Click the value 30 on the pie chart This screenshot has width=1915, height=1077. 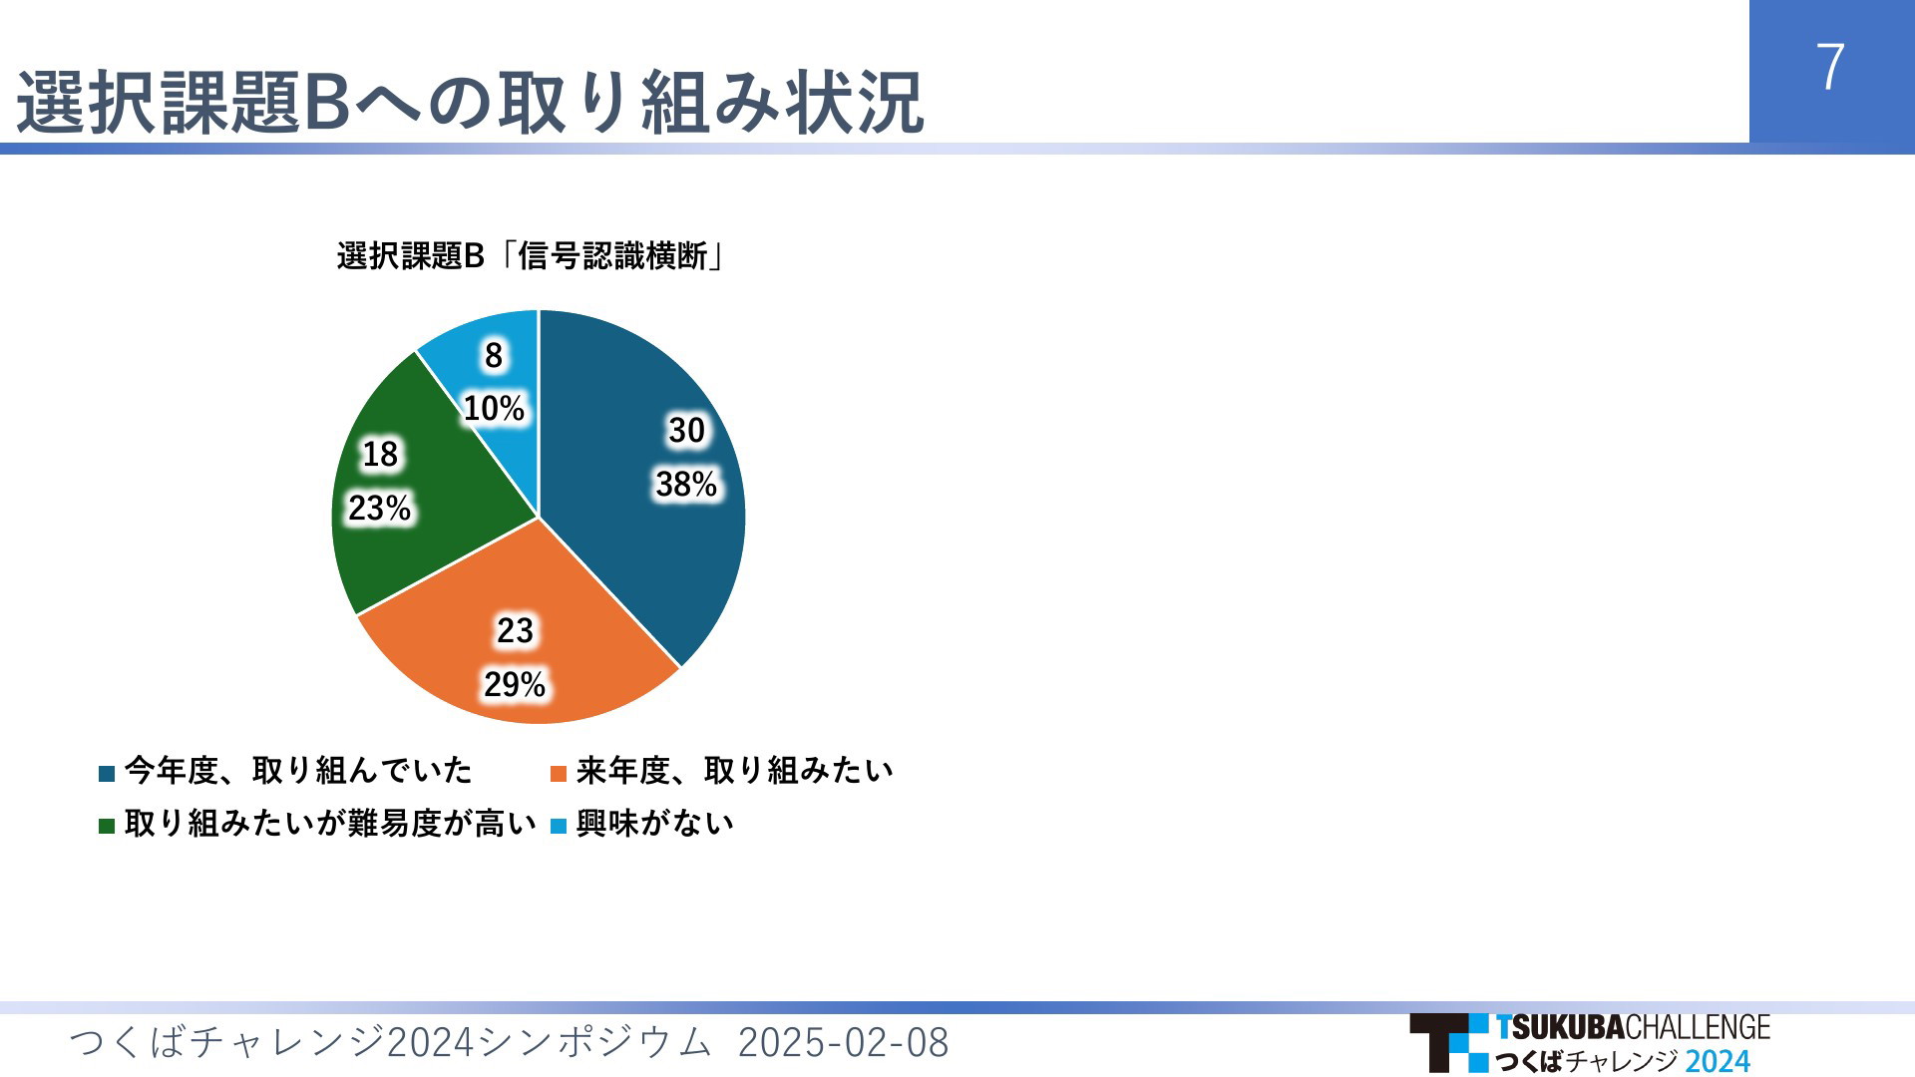pyautogui.click(x=686, y=431)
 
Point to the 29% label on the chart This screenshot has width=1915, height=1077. pyautogui.click(x=515, y=684)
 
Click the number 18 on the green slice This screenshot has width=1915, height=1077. pyautogui.click(x=380, y=455)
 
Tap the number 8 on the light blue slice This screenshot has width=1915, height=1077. pyautogui.click(x=494, y=356)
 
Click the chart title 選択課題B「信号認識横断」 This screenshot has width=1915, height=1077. pyautogui.click(x=532, y=256)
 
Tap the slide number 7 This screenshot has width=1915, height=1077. pyautogui.click(x=1830, y=68)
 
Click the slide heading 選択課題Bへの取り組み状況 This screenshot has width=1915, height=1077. pyautogui.click(x=470, y=102)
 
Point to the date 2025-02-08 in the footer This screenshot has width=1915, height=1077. pyautogui.click(x=843, y=1043)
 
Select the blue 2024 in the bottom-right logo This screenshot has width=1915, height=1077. pyautogui.click(x=1718, y=1060)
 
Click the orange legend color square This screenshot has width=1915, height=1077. pyautogui.click(x=559, y=774)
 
